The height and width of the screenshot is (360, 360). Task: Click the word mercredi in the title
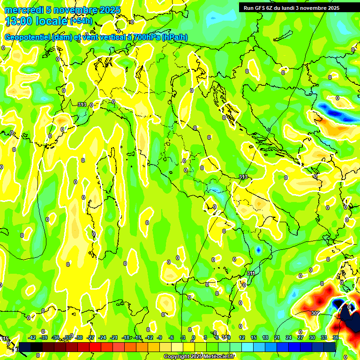point(23,10)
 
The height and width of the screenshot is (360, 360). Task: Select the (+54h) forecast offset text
point(82,21)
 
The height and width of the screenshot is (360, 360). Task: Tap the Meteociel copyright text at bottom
point(199,356)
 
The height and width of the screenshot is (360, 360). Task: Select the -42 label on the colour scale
point(32,337)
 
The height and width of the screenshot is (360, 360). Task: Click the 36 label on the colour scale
point(336,337)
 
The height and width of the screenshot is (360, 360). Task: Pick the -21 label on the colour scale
point(114,337)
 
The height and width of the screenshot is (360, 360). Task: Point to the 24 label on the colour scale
point(288,337)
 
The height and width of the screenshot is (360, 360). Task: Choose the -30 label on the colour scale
point(79,337)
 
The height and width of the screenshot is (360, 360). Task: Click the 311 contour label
point(251,273)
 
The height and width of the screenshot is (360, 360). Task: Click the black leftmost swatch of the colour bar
point(24,347)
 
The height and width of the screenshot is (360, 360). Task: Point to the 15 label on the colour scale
point(253,337)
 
